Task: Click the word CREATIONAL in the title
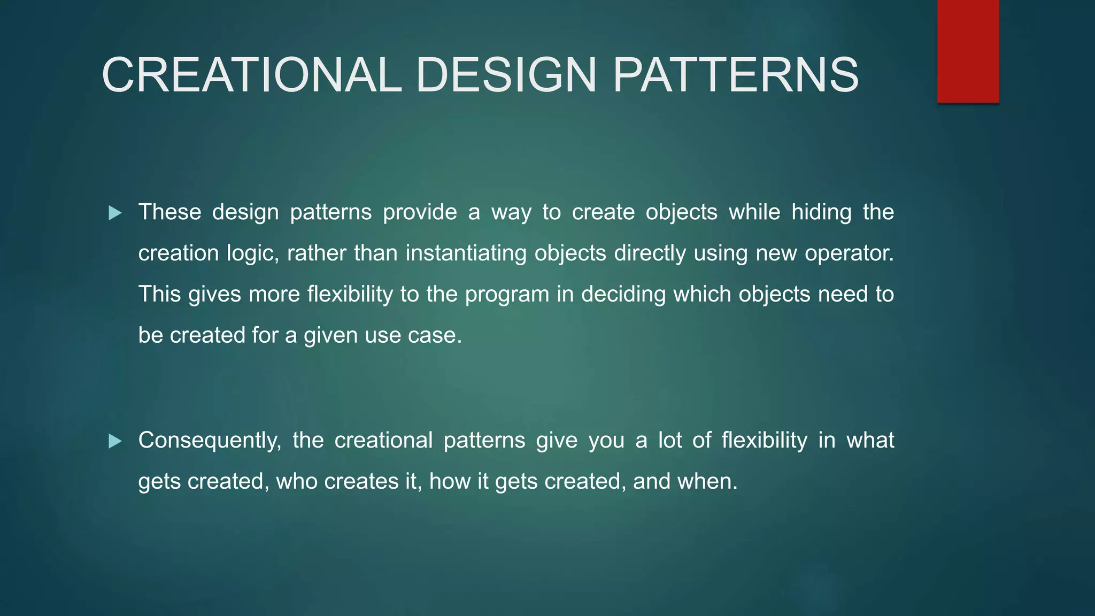(x=251, y=75)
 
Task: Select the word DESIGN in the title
(x=505, y=75)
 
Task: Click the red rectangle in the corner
(x=968, y=51)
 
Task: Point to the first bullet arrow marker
(x=115, y=213)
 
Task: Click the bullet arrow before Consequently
(x=115, y=441)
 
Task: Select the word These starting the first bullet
(x=169, y=212)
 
